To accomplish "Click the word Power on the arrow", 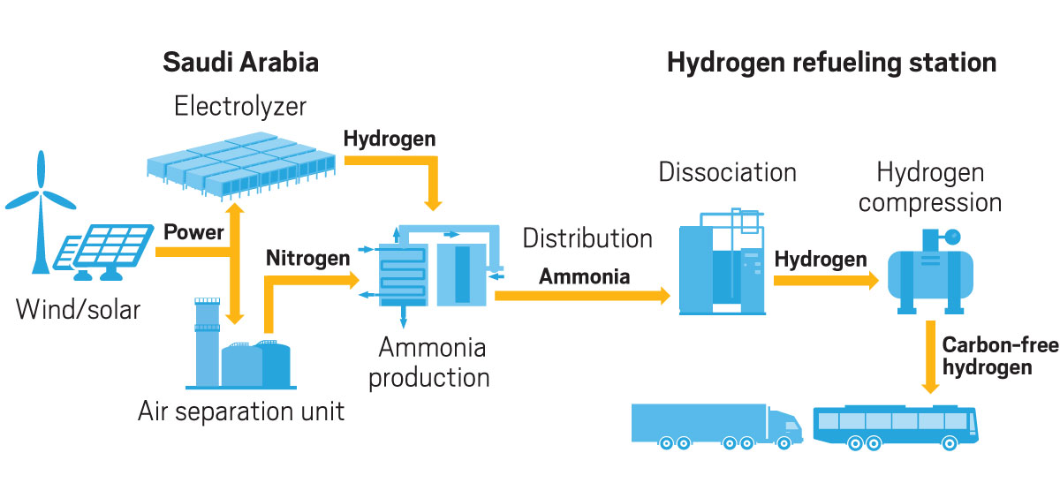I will click(x=193, y=234).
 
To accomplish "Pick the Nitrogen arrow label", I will click(x=308, y=259).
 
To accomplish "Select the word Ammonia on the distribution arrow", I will click(x=585, y=276).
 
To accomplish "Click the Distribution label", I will click(x=587, y=238).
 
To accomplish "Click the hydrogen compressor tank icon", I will click(x=931, y=269).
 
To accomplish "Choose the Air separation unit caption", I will click(x=241, y=411).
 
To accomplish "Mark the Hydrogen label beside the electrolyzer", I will click(x=390, y=139).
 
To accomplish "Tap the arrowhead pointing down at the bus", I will click(x=930, y=385).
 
